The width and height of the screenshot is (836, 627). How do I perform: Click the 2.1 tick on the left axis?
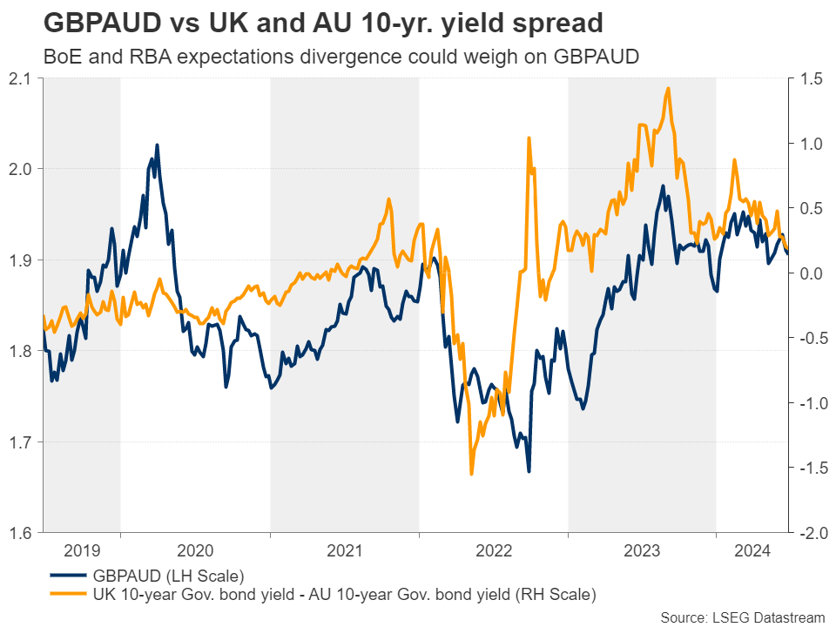tap(21, 78)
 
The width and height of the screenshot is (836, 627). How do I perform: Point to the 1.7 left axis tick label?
tap(21, 442)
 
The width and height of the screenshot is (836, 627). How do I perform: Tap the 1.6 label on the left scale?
tap(21, 533)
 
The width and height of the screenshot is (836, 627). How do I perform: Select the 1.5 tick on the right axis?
tap(807, 78)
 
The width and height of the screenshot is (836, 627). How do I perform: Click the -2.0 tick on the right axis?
tap(809, 533)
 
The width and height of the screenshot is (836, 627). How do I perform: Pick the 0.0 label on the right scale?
tap(807, 273)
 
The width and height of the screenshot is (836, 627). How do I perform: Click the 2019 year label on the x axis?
tap(82, 550)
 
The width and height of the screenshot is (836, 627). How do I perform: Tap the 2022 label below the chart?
tap(493, 550)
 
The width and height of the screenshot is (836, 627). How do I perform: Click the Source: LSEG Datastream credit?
tap(739, 617)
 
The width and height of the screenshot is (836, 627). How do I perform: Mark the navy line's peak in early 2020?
tap(157, 145)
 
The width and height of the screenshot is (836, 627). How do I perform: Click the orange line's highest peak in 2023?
tap(668, 88)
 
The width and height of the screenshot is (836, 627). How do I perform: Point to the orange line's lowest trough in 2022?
tap(471, 474)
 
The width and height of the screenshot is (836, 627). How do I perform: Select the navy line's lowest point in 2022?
tap(529, 472)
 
